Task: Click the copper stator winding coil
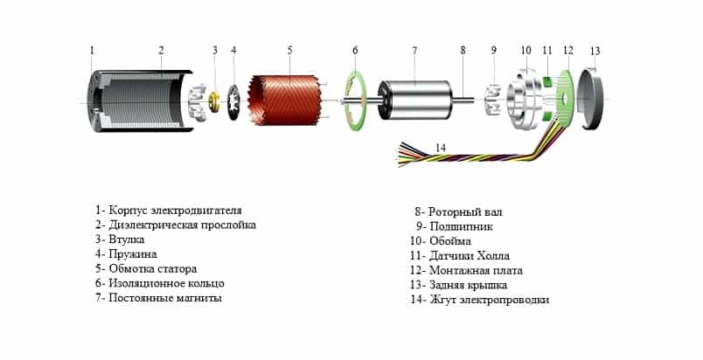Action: point(286,100)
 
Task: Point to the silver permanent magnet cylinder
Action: point(414,100)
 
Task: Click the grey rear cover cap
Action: point(592,99)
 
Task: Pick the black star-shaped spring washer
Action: point(233,102)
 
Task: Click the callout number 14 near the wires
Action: point(441,148)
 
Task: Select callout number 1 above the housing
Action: point(93,50)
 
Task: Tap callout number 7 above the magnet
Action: point(414,51)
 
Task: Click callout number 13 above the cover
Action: point(595,51)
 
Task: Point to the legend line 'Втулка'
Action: point(120,239)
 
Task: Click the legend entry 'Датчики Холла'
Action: point(460,256)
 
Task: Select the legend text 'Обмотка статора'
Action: point(146,269)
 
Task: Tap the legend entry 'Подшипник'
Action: point(454,226)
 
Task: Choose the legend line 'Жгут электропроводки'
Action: point(480,300)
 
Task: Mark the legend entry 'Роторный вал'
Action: point(458,211)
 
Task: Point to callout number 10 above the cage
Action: point(526,50)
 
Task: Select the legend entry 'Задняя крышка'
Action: point(459,285)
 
